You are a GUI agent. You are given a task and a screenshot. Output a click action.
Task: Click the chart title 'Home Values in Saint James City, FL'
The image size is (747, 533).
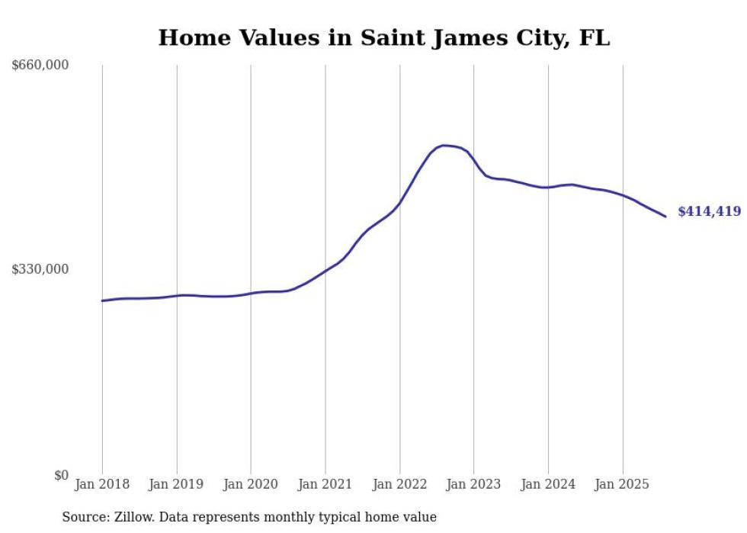point(384,38)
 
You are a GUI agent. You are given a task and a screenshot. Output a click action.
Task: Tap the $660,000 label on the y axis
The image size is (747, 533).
point(40,66)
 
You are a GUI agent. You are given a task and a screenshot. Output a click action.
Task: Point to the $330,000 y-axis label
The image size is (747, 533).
point(40,269)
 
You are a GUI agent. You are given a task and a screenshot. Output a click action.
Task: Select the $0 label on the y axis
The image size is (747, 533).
point(60,475)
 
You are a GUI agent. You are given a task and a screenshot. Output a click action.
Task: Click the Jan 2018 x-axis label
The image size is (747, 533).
point(102,484)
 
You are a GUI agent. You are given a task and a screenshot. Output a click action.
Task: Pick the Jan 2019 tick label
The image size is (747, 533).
point(177,484)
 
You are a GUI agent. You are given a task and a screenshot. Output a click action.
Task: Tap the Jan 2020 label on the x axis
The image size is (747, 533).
point(251,484)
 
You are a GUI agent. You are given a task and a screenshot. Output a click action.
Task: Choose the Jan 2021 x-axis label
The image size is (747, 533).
point(325,484)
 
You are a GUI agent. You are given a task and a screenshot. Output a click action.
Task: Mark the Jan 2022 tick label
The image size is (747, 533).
point(399,484)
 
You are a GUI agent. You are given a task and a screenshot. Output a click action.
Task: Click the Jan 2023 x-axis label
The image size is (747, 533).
point(474,484)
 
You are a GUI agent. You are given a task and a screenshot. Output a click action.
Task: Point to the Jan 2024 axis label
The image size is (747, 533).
point(548,484)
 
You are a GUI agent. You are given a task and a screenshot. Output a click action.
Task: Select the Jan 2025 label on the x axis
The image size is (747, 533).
point(623,484)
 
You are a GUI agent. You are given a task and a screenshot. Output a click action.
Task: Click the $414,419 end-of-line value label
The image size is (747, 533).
point(709,212)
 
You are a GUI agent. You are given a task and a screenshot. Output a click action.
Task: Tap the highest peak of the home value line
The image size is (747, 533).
point(444,145)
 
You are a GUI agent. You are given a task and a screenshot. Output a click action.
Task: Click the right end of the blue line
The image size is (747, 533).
point(665,217)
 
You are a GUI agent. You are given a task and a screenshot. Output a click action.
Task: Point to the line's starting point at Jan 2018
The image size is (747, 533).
point(102,300)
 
